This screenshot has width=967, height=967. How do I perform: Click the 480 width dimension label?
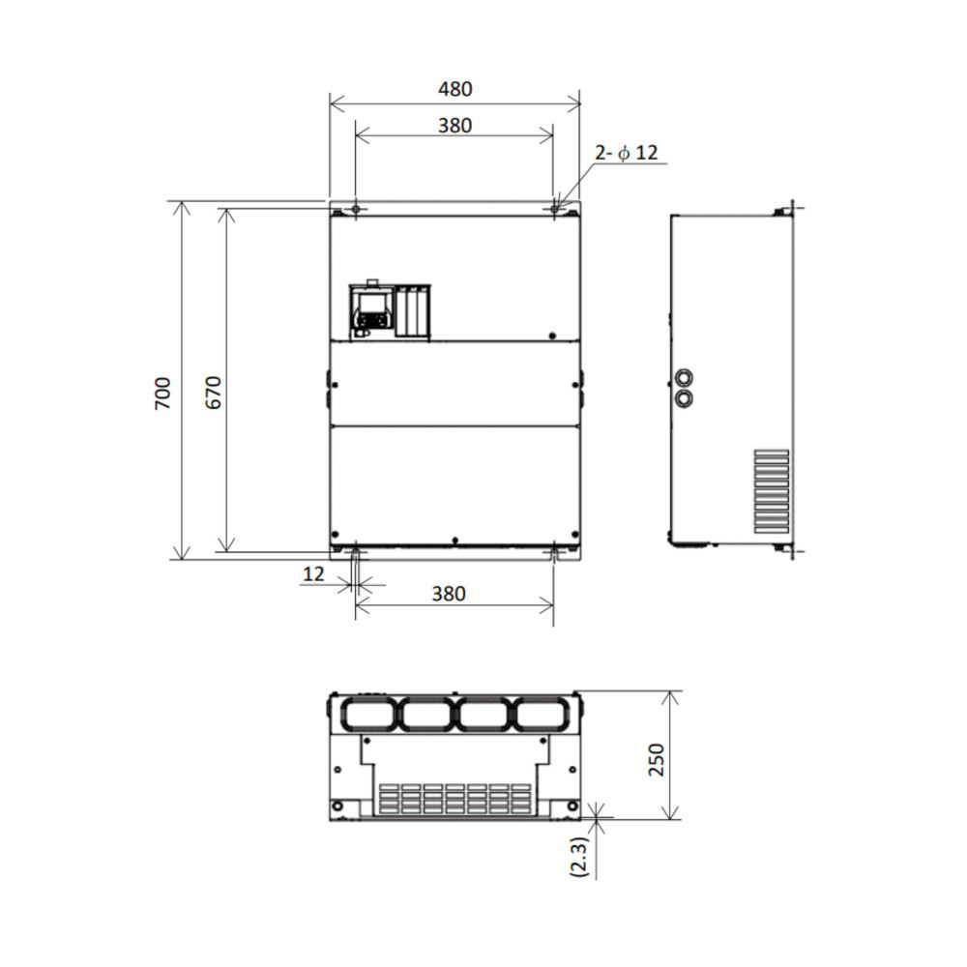pos(455,89)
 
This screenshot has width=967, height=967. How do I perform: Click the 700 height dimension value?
pos(162,394)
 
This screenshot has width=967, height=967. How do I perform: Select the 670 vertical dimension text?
pos(213,393)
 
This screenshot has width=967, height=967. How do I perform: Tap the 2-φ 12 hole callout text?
pos(627,153)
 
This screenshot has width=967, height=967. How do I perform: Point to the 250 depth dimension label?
pos(657,760)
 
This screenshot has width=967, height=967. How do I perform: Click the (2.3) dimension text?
pos(580,857)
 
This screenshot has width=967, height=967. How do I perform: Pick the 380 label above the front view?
pos(455,126)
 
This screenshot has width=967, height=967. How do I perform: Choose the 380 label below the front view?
pos(449,594)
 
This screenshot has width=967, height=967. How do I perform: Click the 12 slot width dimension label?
pos(313,574)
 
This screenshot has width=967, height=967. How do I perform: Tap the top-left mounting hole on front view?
pos(356,209)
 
